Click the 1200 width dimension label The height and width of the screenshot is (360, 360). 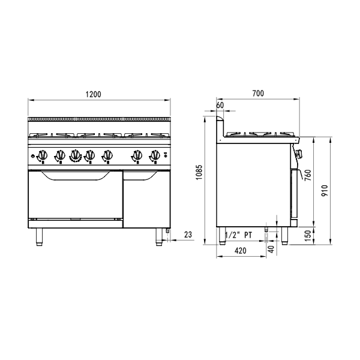coord(93,94)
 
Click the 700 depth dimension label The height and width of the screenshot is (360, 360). coord(258,94)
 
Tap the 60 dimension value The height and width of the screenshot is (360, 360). coord(220,105)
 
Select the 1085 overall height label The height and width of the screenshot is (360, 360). coord(199,172)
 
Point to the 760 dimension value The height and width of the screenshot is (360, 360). coord(308,175)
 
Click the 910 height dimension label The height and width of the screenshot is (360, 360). coord(325,191)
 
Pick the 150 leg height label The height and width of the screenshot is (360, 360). coord(308,236)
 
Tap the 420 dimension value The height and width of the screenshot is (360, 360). coord(241,251)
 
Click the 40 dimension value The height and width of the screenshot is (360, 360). coord(271,249)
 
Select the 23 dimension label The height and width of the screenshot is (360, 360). coord(188,235)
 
